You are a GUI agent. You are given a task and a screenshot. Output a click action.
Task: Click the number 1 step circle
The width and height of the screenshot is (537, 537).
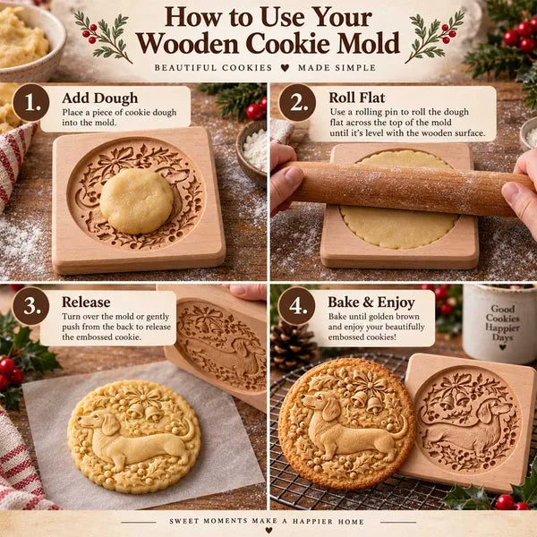30,102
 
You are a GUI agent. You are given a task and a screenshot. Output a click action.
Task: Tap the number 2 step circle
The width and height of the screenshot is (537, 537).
297,102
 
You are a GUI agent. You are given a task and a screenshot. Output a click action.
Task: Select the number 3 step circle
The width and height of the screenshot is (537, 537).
30,306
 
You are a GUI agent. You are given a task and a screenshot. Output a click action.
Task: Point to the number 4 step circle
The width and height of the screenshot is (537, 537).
296,306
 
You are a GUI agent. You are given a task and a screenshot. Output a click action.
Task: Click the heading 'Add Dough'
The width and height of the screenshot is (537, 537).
100,98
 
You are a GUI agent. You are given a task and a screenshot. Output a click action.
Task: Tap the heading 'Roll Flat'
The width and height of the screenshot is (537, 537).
357,98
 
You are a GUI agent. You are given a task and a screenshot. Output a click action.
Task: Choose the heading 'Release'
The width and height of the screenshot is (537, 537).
86,303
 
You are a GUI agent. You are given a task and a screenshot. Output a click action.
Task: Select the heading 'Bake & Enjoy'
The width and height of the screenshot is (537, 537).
371,303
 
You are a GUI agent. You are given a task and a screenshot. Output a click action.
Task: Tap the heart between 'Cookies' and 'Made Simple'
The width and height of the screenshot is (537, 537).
285,68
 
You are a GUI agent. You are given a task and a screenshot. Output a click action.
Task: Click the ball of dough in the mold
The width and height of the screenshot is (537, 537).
137,201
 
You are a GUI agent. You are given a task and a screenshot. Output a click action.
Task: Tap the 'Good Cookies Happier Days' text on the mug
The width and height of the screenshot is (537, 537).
502,322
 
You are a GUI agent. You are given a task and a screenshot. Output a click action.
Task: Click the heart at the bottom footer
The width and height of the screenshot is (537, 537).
268,530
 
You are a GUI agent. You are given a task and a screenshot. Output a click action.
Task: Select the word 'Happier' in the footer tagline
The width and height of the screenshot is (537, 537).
312,521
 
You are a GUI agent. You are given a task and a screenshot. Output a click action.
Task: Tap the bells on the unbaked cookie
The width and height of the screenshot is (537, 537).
144,412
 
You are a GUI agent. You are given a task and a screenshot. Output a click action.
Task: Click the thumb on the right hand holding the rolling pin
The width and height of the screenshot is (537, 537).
512,192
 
